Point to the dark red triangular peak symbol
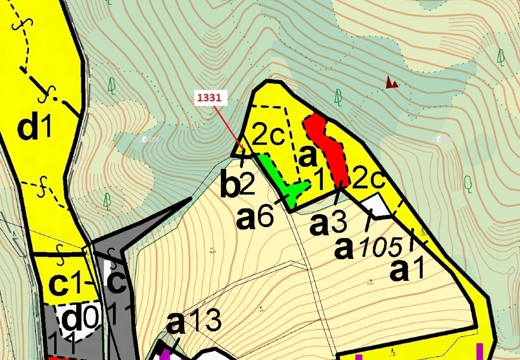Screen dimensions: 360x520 [391, 82]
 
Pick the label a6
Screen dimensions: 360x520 [255, 217]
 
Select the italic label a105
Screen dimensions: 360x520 [368, 248]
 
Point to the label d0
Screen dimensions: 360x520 [79, 318]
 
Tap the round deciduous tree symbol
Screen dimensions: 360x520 [468, 183]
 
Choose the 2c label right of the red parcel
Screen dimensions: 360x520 [368, 178]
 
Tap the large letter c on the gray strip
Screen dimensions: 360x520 [116, 280]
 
